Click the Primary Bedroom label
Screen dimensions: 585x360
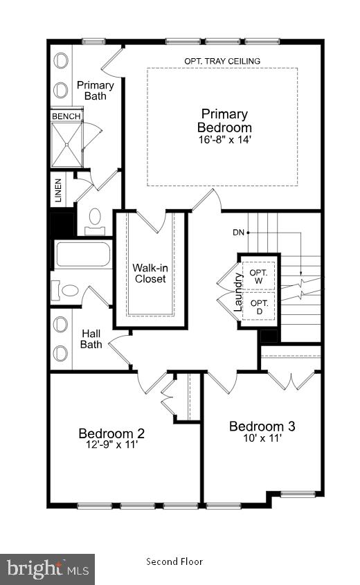(224, 120)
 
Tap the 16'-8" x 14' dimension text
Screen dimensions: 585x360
(224, 139)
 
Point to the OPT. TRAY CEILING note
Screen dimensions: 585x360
(222, 61)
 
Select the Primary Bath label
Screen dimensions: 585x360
(96, 91)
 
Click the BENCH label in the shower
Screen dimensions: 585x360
(66, 116)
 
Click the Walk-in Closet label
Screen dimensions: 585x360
(150, 273)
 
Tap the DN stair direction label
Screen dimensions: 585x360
(238, 233)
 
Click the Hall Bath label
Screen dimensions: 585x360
(91, 339)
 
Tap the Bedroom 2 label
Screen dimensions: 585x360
(111, 433)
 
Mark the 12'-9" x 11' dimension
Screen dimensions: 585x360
(111, 446)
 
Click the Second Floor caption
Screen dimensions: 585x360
(174, 561)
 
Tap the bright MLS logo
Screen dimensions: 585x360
(47, 569)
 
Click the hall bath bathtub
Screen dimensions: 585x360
(82, 254)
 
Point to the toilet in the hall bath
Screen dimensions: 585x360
(67, 289)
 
